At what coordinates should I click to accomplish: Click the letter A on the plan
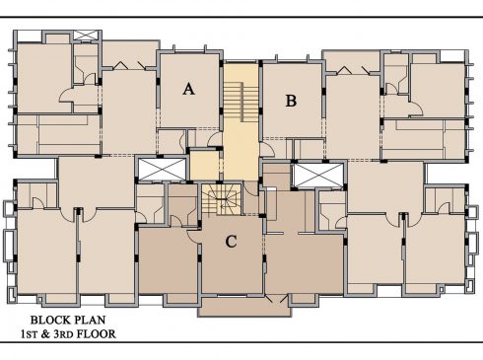188,89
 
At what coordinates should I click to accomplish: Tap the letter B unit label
291,101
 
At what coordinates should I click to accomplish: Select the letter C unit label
231,242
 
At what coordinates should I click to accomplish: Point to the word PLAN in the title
91,320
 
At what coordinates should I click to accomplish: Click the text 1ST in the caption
30,334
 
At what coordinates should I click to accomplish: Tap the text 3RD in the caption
64,334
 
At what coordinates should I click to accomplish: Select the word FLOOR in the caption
97,334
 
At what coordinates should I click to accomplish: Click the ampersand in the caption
45,334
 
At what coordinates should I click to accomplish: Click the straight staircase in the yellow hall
241,102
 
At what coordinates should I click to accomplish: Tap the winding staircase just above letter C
222,199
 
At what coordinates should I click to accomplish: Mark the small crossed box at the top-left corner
86,36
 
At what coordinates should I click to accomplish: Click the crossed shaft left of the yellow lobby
163,169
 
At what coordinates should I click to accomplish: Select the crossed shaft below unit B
317,176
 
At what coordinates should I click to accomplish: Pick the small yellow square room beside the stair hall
204,166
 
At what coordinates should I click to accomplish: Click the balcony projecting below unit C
244,307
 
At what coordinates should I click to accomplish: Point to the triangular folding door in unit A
120,65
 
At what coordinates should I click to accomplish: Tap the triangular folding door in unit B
344,70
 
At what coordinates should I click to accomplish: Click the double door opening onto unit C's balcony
277,299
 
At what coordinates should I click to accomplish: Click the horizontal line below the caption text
241,342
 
